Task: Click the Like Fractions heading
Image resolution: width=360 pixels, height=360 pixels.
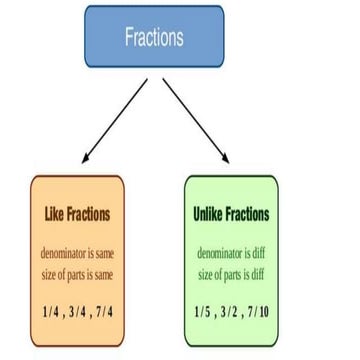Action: coord(78,213)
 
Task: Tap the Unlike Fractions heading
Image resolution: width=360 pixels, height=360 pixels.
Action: coord(231,215)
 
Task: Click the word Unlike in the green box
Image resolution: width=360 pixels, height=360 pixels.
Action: coord(208,215)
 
